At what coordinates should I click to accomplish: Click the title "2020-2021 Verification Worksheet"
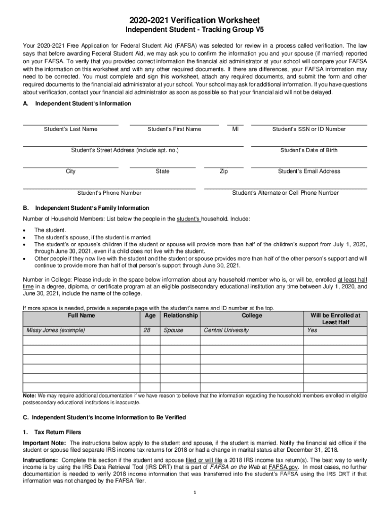point(195,20)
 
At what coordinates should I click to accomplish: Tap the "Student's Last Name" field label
point(70,129)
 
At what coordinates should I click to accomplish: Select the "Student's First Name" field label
point(174,129)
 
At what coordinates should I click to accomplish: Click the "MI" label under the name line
point(235,129)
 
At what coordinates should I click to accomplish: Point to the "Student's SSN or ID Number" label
point(309,129)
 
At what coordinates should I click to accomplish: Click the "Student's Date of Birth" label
point(309,150)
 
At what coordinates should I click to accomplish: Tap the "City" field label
point(71,171)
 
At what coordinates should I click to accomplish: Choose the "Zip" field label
point(223,171)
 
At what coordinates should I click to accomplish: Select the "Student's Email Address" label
point(309,171)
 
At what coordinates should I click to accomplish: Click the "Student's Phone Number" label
point(109,193)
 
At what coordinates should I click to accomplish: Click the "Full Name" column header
point(81,316)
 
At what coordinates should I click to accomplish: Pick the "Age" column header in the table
point(150,316)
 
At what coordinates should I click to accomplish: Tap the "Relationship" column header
point(180,316)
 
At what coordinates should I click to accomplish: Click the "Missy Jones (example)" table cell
point(56,330)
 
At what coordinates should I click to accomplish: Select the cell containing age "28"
point(147,330)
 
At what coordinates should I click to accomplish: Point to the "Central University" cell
point(226,330)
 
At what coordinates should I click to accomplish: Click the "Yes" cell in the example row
point(312,330)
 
